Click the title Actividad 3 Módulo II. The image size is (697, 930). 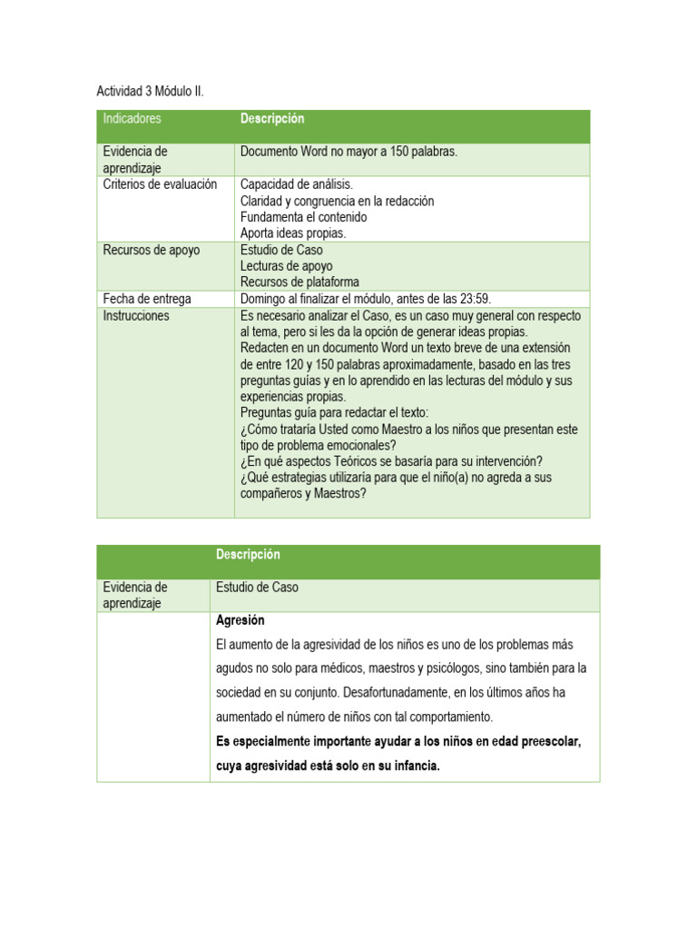pos(150,92)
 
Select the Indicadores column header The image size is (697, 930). pos(132,119)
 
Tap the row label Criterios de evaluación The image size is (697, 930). pos(160,184)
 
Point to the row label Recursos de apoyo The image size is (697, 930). pos(151,250)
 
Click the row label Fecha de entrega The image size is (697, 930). pos(147,299)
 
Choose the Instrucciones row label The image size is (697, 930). pos(136,316)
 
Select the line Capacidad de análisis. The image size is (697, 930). pos(296,184)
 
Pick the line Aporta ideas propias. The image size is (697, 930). pos(292,233)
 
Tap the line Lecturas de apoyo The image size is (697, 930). pos(286,266)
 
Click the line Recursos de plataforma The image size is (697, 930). pos(299,282)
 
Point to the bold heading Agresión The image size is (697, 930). pos(241,620)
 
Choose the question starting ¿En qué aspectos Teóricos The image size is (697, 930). pos(391,461)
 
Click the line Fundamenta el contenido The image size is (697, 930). pos(303,217)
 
